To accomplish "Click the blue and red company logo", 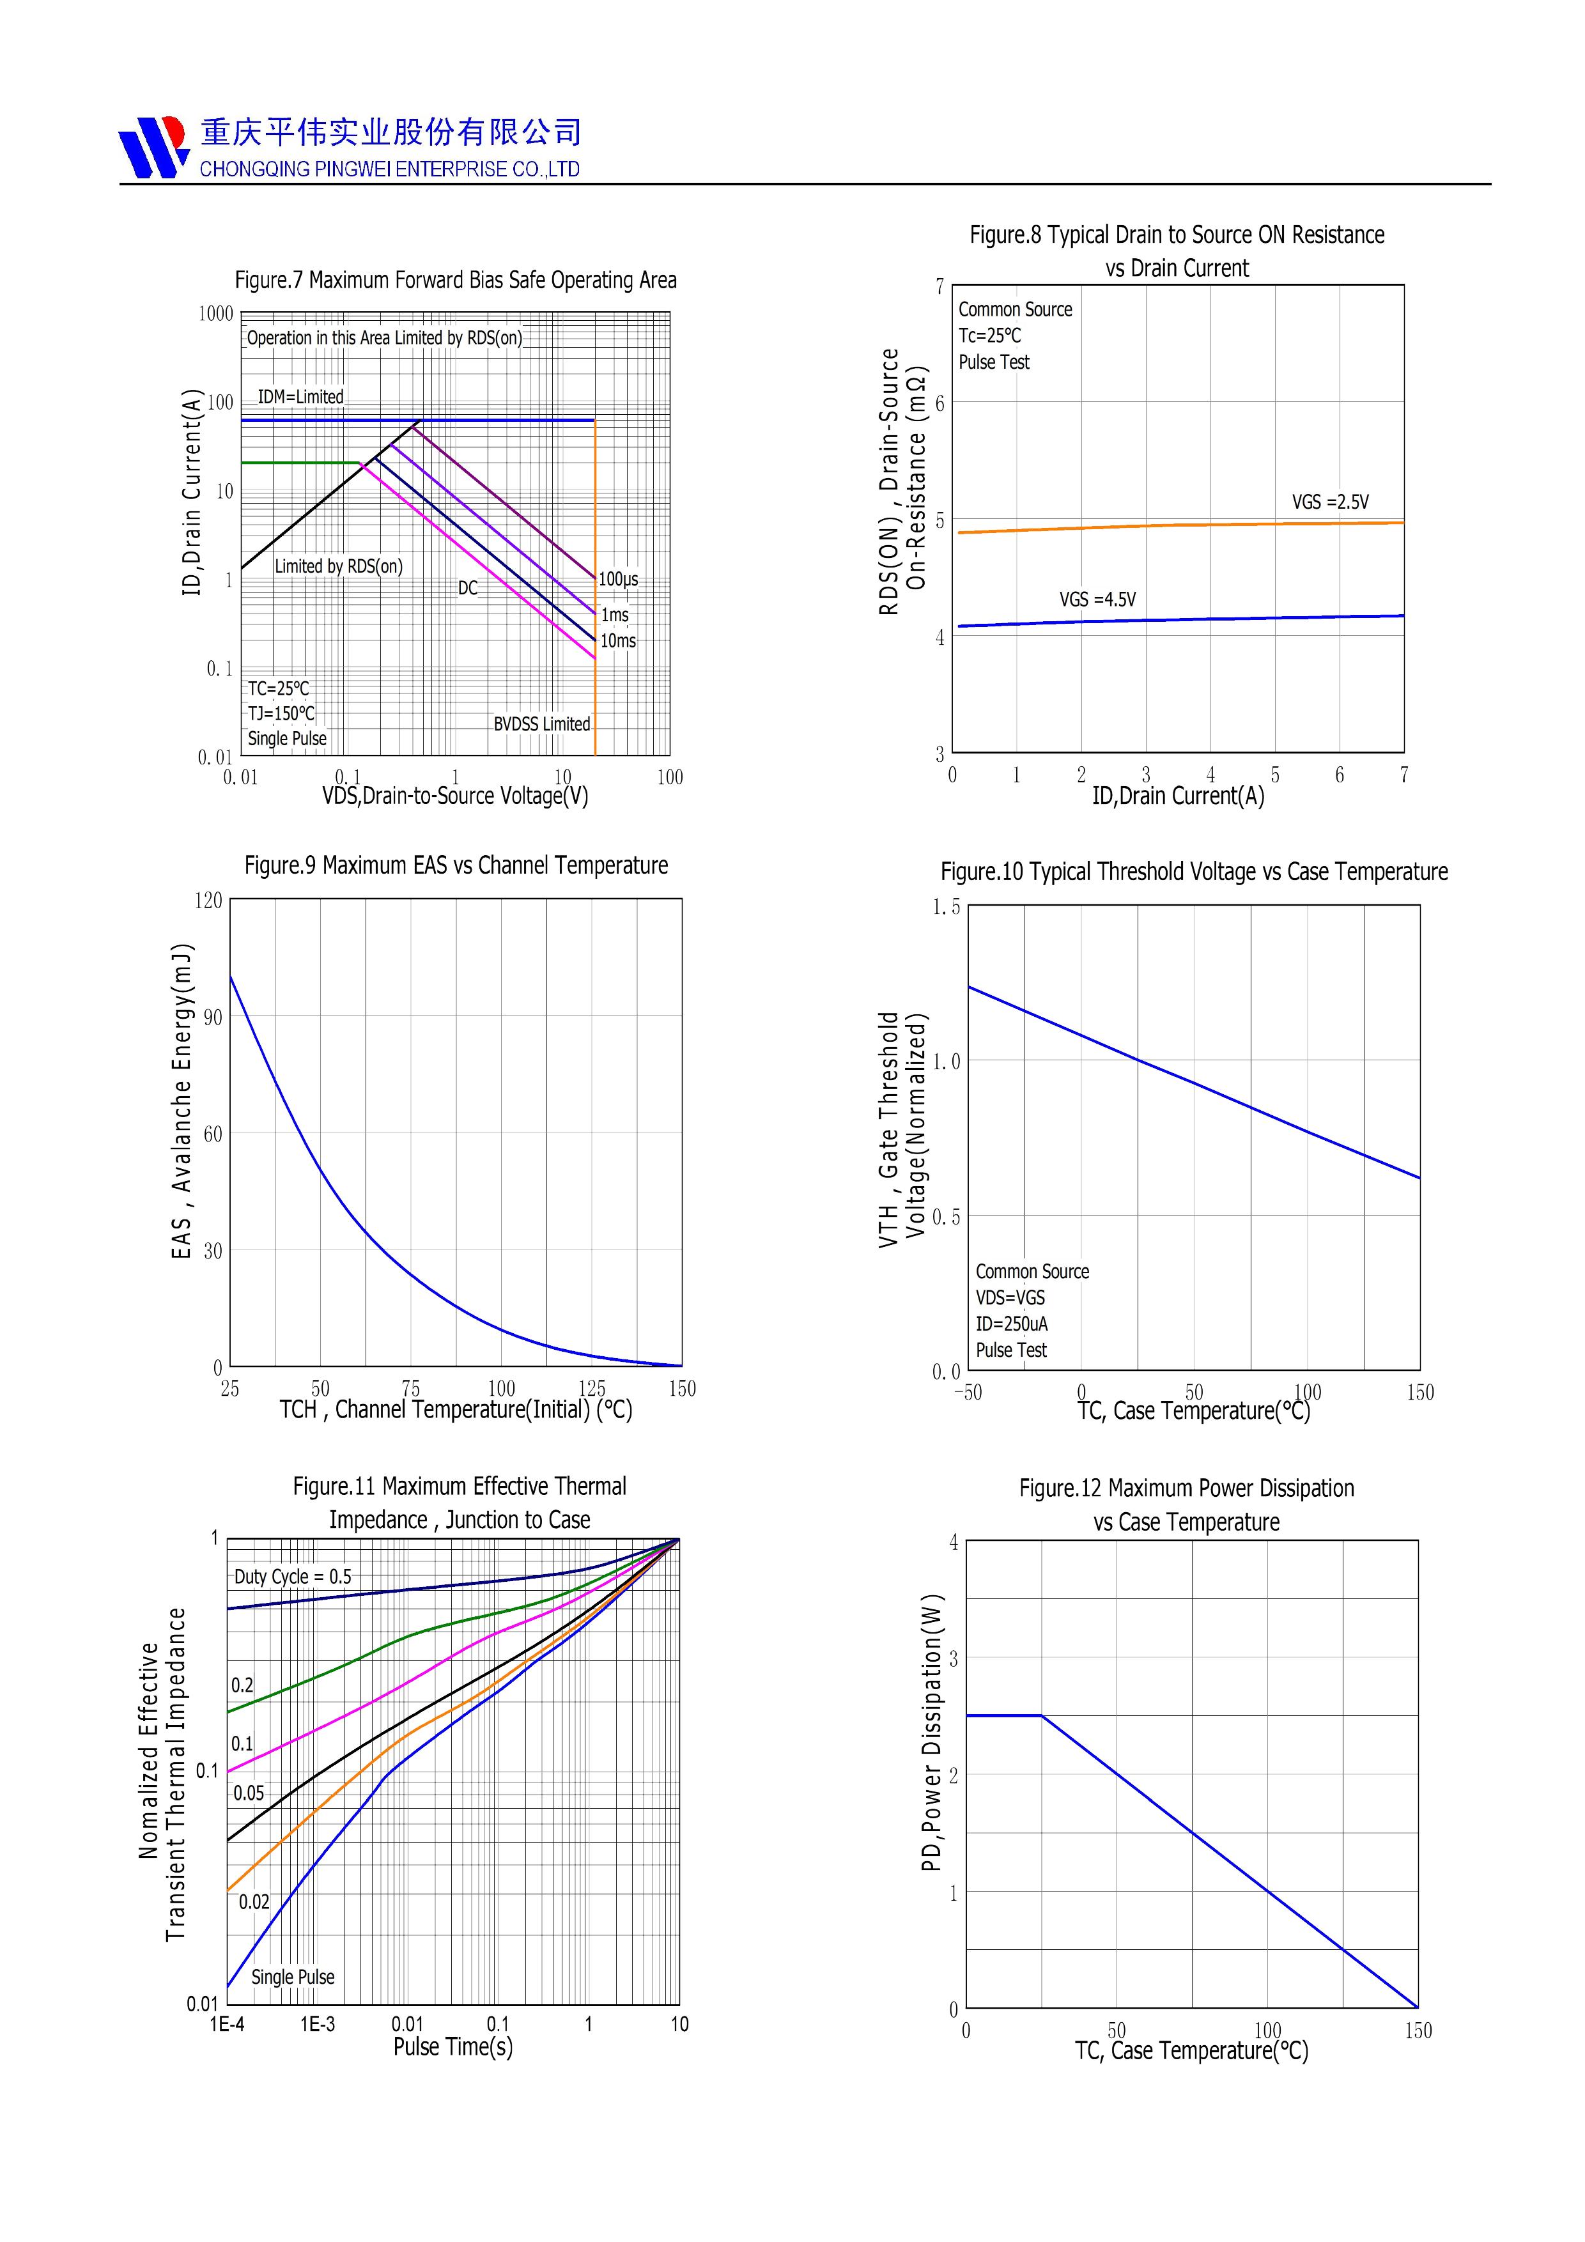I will tap(153, 148).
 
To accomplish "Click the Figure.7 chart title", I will tap(455, 280).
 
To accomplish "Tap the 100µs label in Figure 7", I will tap(618, 579).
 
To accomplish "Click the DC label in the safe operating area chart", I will tap(468, 589).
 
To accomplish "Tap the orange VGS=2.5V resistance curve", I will tap(1172, 527).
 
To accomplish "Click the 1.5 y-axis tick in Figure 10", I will tap(945, 907).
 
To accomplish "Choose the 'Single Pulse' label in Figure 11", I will tap(292, 1976).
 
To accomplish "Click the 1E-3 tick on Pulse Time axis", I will tap(318, 2024).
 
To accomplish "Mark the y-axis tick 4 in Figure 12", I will tap(953, 1542).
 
